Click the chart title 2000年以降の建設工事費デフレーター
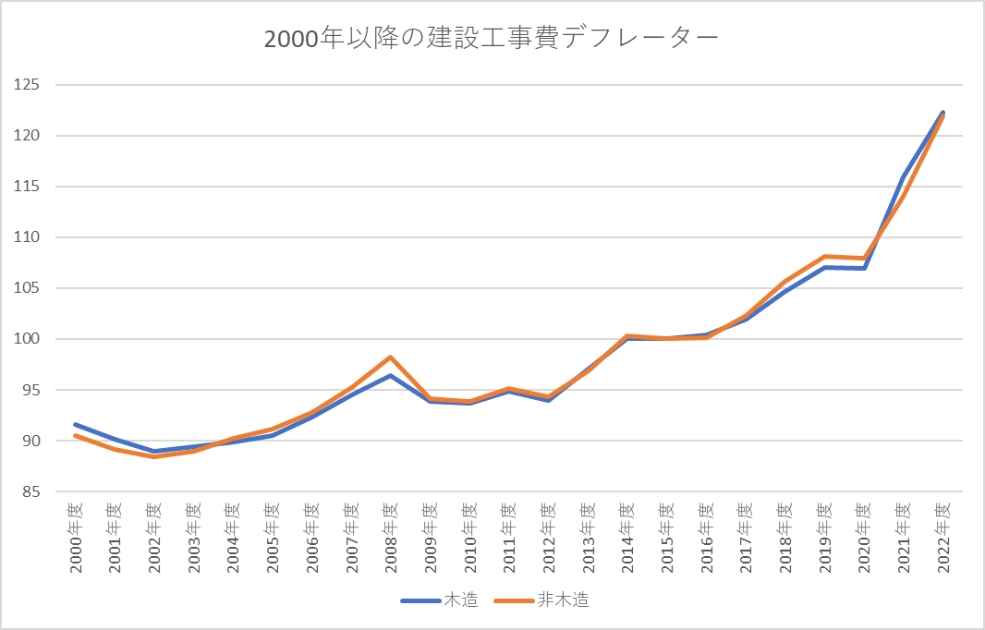(x=492, y=40)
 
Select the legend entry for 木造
(x=440, y=600)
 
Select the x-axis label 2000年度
(x=76, y=538)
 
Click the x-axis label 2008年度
(x=391, y=538)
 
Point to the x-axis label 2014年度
(x=627, y=538)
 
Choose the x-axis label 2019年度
(x=824, y=538)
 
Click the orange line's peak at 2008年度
(x=391, y=357)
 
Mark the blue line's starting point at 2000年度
(x=76, y=424)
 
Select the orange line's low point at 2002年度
(x=154, y=456)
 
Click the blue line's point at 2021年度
(x=903, y=176)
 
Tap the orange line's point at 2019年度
(x=824, y=256)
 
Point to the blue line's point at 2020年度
(x=864, y=268)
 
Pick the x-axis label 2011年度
(x=509, y=538)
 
